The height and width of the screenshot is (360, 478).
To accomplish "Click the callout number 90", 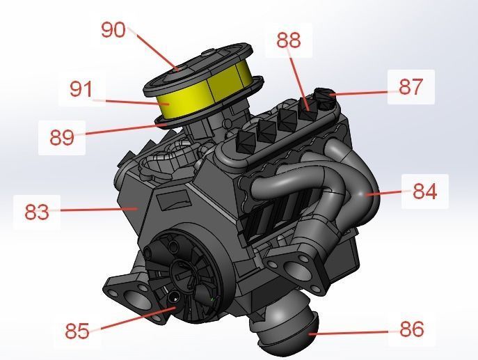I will coord(113,30).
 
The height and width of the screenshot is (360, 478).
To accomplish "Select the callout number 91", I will coord(81,89).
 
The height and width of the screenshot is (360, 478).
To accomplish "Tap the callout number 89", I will coord(61,136).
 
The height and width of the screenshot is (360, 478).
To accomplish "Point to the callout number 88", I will coord(288,40).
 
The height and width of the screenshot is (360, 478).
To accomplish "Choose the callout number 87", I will coord(411,86).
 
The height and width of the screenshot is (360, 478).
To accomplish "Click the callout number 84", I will coord(424,191).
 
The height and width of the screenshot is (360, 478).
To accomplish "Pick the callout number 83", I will coord(37,211).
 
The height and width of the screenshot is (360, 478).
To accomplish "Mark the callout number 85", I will coord(77,330).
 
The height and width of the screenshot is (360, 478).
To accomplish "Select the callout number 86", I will coord(412,329).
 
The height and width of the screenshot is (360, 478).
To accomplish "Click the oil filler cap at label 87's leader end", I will coord(324,94).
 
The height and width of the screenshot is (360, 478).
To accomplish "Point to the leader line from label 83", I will coord(97,209).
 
